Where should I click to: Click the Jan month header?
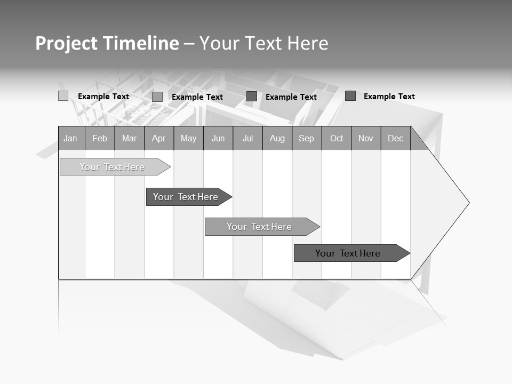(x=71, y=138)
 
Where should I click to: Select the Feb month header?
(x=100, y=138)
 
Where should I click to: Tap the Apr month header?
(x=159, y=138)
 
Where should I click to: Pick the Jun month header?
(x=218, y=138)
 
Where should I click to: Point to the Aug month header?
(x=277, y=138)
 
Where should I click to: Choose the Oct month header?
(x=337, y=138)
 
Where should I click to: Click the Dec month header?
(x=396, y=138)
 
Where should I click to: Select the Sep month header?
(x=307, y=138)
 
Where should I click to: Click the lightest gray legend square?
(x=63, y=96)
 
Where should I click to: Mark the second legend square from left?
(x=157, y=97)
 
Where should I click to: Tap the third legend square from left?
(x=252, y=96)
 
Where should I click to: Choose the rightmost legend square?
(x=350, y=96)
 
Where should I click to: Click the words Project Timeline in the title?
(x=107, y=43)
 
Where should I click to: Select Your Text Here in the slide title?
(x=263, y=43)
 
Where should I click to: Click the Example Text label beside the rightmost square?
(x=389, y=97)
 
